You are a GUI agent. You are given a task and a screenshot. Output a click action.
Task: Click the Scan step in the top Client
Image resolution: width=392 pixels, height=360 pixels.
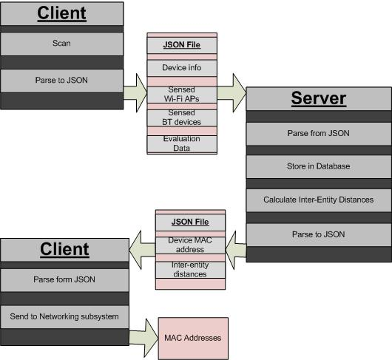click(61, 44)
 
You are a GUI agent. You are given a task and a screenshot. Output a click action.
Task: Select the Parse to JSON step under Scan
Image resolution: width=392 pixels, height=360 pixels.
click(61, 81)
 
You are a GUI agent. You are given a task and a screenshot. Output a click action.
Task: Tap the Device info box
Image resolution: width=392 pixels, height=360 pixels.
click(182, 68)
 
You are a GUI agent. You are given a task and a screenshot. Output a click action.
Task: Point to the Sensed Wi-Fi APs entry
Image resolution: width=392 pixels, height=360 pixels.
click(182, 95)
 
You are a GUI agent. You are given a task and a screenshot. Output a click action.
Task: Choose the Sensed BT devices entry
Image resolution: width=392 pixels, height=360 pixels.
click(182, 118)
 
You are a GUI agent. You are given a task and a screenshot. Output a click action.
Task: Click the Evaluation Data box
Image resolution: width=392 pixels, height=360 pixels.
click(182, 143)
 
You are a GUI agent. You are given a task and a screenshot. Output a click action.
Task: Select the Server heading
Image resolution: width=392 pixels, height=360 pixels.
click(319, 98)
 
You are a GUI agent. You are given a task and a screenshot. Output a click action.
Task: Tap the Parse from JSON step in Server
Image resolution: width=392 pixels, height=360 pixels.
click(319, 134)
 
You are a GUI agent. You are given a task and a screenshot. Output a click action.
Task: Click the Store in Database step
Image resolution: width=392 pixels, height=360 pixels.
click(319, 166)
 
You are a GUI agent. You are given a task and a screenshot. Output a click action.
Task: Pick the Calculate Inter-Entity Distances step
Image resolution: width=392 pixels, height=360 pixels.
click(319, 200)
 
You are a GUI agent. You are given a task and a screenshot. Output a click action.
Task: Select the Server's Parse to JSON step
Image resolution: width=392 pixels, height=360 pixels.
click(319, 234)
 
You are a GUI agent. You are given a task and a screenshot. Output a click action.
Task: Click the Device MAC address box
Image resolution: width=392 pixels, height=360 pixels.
click(190, 245)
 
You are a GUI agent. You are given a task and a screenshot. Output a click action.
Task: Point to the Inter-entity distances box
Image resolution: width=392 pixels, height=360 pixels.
click(190, 270)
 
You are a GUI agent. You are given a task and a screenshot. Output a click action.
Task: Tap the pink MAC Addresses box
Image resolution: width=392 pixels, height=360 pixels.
click(193, 339)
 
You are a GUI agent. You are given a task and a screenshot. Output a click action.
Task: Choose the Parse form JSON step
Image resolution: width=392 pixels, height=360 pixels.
click(64, 280)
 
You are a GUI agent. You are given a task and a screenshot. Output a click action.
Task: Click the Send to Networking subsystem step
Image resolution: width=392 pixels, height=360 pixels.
click(64, 317)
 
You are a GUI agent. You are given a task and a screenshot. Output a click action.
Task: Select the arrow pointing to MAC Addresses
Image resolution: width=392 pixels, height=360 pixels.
click(143, 338)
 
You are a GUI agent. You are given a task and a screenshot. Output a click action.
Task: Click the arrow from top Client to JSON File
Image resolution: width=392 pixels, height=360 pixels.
click(135, 93)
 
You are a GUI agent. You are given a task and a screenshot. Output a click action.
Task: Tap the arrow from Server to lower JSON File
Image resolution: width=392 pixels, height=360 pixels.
click(236, 250)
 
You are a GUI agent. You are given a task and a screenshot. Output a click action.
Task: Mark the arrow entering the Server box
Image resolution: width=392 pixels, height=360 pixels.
click(232, 93)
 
